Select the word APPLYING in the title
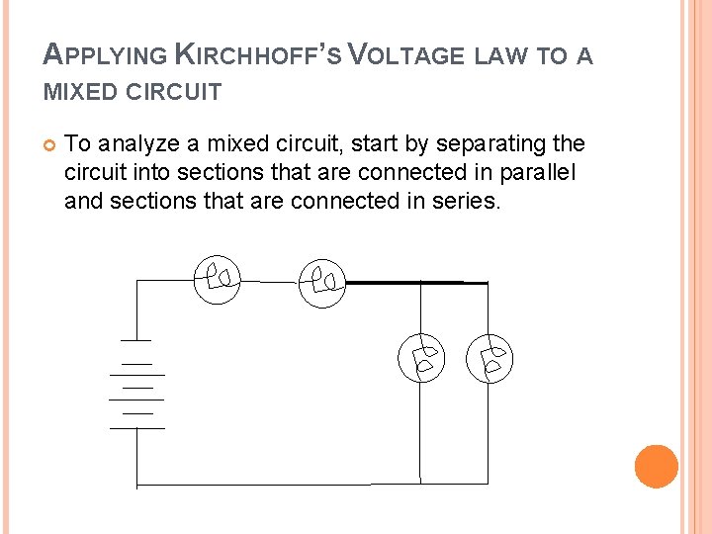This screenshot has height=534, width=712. click(x=103, y=55)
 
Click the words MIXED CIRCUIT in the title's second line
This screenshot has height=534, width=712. click(x=133, y=93)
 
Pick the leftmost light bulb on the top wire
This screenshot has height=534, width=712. click(x=218, y=278)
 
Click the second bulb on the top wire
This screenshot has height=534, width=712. click(x=322, y=282)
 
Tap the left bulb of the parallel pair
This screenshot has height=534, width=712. click(x=422, y=358)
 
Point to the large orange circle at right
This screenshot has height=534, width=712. click(x=656, y=466)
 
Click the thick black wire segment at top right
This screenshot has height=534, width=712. click(x=415, y=283)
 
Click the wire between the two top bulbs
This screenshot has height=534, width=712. click(x=270, y=281)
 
